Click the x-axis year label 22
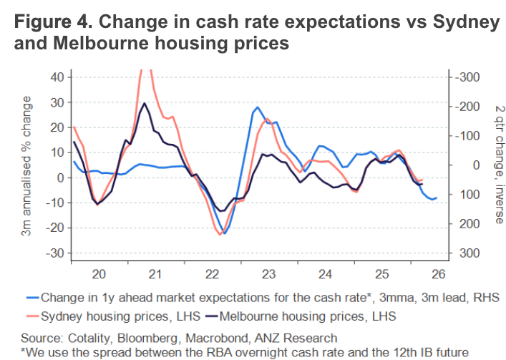pos(211,273)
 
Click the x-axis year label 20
pos(99,273)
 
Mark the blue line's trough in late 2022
pos(224,233)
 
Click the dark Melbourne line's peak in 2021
pos(145,103)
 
